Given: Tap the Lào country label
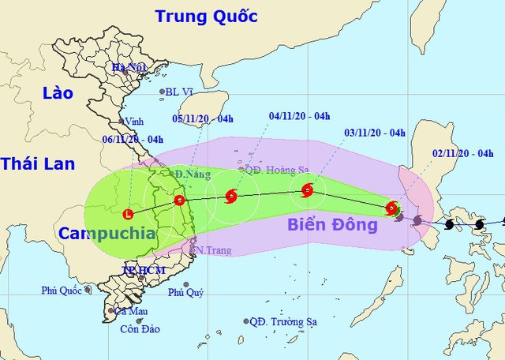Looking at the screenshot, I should [47, 93].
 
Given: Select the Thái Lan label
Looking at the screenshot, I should [37, 164].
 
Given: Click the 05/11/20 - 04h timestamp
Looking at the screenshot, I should [203, 118].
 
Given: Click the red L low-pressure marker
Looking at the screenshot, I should [129, 212].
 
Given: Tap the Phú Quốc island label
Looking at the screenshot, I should [62, 291].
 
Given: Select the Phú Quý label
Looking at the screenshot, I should [186, 293].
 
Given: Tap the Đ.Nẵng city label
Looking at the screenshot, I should [191, 173].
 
